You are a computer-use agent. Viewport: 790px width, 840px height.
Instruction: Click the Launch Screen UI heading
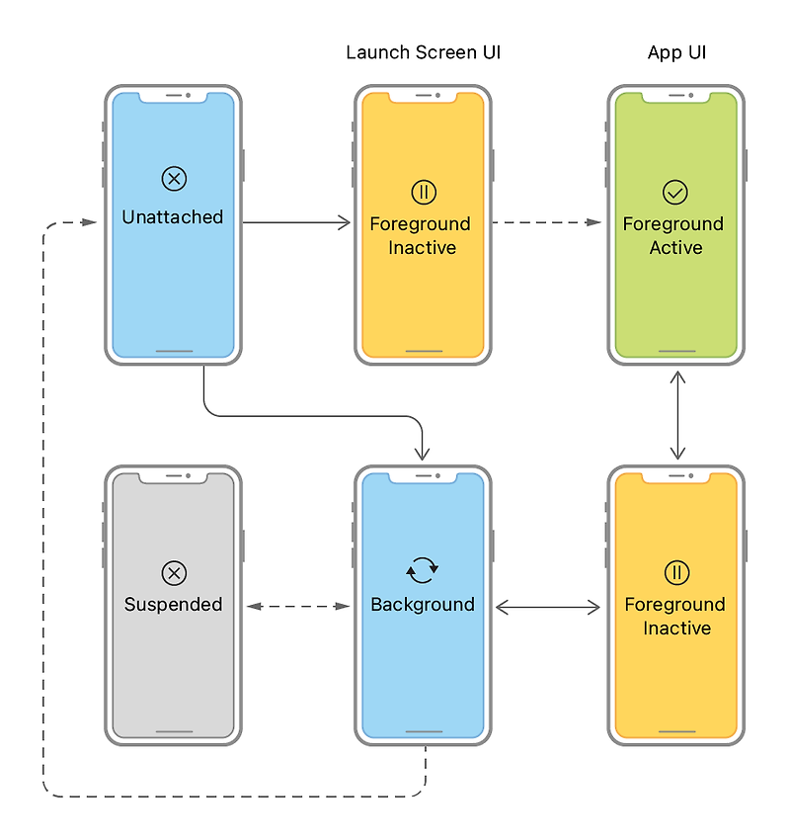click(423, 52)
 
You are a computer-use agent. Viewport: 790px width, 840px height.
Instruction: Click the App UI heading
click(676, 52)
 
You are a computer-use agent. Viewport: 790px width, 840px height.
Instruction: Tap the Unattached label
click(173, 216)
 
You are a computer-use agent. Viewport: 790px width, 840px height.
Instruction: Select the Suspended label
click(173, 604)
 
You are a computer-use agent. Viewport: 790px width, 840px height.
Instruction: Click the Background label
click(423, 604)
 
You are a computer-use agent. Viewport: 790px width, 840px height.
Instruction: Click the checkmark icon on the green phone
click(675, 192)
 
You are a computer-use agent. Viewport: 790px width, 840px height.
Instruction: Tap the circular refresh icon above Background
click(423, 569)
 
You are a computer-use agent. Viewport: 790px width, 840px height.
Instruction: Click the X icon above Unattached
click(174, 179)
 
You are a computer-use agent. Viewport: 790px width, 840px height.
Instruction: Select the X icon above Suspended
click(174, 573)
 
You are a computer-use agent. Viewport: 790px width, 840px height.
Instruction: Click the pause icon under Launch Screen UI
click(423, 192)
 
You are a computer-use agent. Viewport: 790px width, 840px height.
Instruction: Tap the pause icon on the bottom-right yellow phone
click(676, 573)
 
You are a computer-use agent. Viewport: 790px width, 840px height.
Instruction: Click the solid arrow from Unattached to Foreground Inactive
click(296, 223)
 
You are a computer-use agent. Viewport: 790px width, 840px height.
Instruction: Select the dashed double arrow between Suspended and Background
click(298, 606)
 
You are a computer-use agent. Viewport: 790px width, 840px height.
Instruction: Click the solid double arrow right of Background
click(548, 607)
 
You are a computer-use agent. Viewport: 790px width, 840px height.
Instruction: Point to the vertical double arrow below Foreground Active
click(676, 415)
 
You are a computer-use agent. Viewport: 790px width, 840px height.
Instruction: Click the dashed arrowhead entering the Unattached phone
click(90, 223)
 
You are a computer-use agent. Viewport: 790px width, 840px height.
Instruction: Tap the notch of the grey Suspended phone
click(174, 477)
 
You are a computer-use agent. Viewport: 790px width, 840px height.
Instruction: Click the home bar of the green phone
click(675, 350)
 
